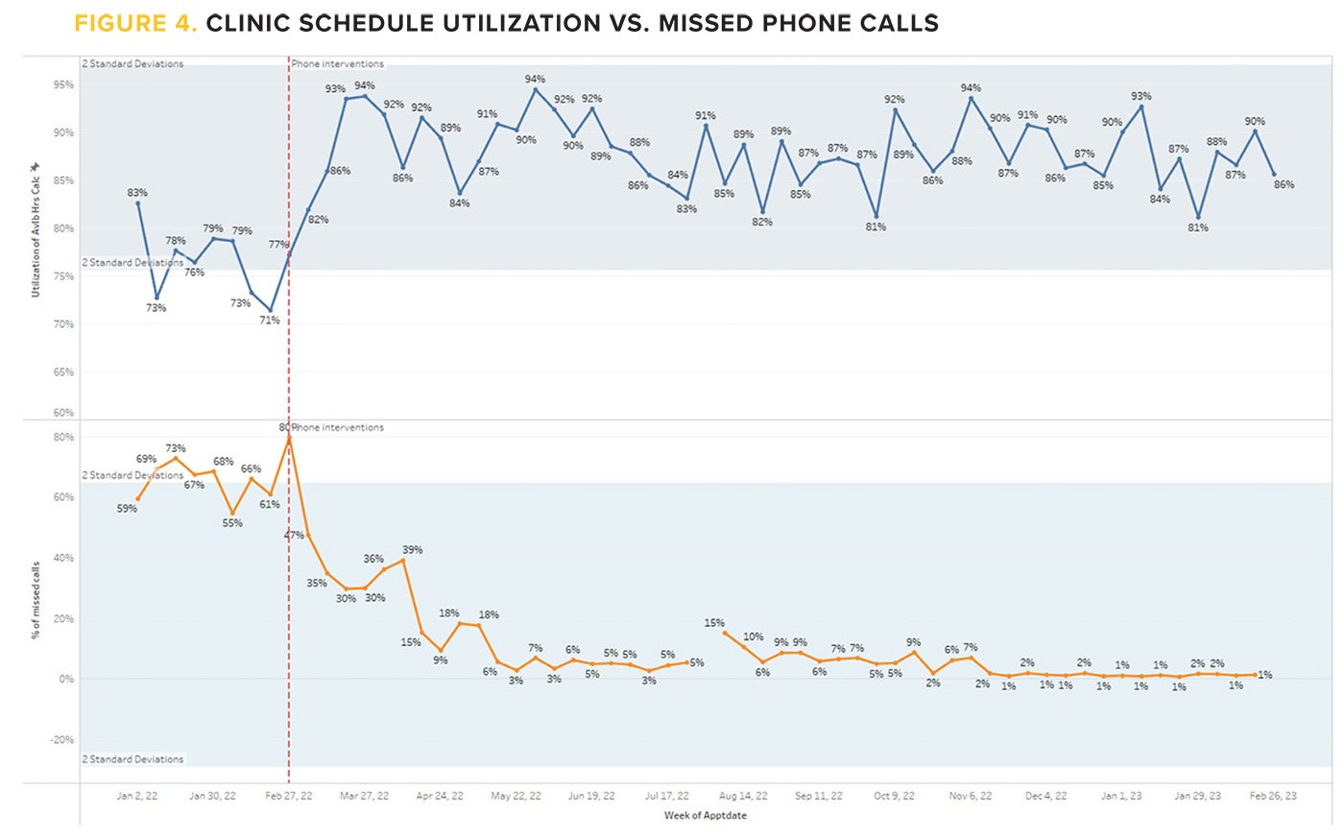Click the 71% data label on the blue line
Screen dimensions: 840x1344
(x=270, y=320)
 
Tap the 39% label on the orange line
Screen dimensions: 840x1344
(x=412, y=550)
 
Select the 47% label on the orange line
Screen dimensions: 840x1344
(x=294, y=535)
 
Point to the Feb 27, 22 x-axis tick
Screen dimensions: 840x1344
(x=288, y=796)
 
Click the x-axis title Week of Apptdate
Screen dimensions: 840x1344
(x=705, y=815)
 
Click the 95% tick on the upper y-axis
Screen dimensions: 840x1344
(x=63, y=84)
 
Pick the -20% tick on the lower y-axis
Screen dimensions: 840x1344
(x=61, y=739)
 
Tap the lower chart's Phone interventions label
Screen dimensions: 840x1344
(x=338, y=427)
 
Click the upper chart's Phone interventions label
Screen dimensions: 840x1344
(x=338, y=63)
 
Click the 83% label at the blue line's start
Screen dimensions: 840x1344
(x=137, y=193)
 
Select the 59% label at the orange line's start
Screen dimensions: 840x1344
(x=127, y=509)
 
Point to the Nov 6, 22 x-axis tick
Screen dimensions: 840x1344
(x=971, y=796)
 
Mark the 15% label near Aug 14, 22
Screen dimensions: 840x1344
(x=714, y=623)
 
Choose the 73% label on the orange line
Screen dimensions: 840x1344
(x=175, y=448)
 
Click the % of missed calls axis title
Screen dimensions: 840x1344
(x=36, y=601)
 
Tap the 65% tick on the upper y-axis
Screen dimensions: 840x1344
(x=63, y=372)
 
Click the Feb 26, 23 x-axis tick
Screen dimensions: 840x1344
(x=1273, y=796)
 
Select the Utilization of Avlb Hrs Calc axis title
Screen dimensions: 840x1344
(x=36, y=230)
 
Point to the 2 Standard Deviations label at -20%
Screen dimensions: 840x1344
(x=132, y=758)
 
